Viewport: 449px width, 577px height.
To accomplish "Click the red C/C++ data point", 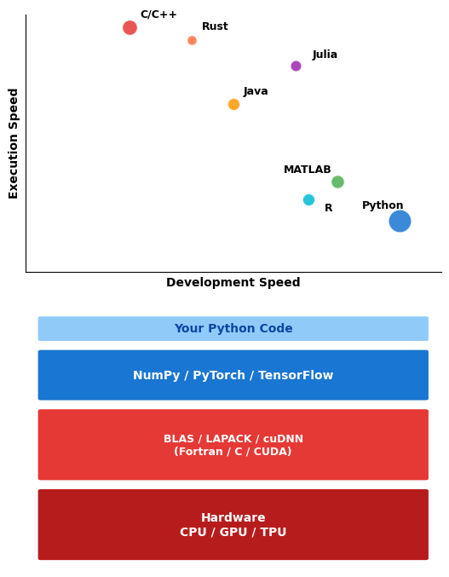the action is coord(130,27).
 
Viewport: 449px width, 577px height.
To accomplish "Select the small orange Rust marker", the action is coord(192,40).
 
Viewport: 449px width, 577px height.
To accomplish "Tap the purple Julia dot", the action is coord(296,66).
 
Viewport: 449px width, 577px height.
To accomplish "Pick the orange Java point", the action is coord(234,105).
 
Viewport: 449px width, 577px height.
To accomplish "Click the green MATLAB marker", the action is coord(337,182).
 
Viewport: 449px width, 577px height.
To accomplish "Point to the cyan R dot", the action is coord(309,199).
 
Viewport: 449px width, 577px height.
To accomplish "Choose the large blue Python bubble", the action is coord(400,221).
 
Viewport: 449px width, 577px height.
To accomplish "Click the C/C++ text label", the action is coord(158,14).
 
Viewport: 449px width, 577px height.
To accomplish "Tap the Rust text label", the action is coord(215,26).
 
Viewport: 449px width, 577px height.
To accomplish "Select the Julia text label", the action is coord(325,55).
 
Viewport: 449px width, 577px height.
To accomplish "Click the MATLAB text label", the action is coord(308,170).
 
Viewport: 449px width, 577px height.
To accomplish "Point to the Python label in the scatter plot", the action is coord(383,205).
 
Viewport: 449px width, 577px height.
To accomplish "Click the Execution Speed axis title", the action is coord(14,143).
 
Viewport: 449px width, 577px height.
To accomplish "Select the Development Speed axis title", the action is coord(233,282).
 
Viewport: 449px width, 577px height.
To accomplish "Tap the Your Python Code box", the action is coord(233,329).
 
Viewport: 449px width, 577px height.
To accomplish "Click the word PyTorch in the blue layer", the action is coord(219,375).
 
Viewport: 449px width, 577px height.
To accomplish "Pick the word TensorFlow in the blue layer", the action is coord(296,375).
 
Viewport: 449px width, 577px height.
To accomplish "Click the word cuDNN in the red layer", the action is coord(283,439).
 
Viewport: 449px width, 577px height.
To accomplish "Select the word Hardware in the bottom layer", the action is coord(233,517).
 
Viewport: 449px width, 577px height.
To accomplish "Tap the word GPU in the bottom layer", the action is coord(233,532).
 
